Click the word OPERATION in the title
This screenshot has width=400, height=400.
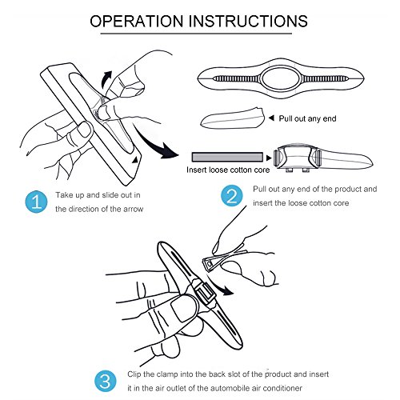coord(137,21)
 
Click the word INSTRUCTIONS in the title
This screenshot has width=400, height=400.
coord(249,21)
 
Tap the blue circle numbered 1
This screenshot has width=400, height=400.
coord(36,202)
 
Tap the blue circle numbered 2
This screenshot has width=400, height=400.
coord(232,196)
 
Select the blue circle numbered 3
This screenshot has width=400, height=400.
coord(106,381)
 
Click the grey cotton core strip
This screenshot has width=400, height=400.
coord(227,157)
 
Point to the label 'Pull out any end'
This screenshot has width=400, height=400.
coord(307,118)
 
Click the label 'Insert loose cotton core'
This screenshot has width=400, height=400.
coord(228,170)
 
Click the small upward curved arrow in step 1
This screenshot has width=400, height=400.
coord(106,79)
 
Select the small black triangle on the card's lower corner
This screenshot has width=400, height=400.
coord(135,159)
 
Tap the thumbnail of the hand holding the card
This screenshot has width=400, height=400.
coord(85,130)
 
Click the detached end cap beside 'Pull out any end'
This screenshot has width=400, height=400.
coord(232,118)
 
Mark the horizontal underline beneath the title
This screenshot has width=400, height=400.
coord(196,34)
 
